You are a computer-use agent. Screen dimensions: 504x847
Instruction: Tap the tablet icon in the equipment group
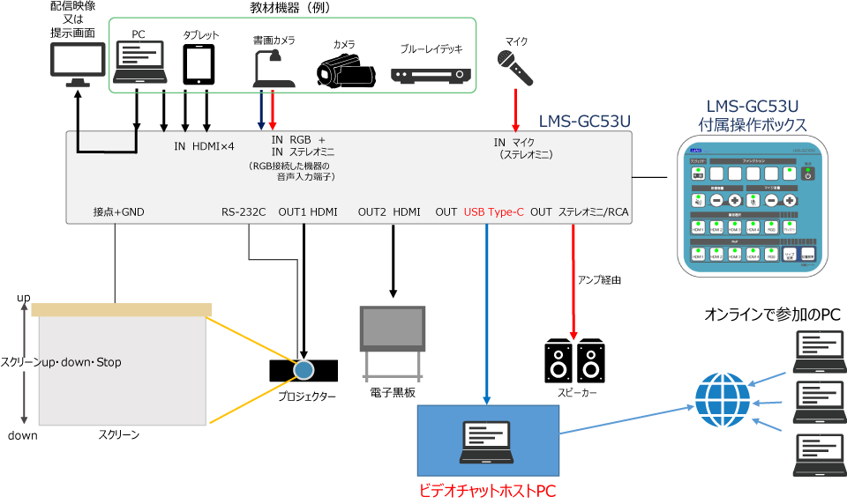[x=199, y=63]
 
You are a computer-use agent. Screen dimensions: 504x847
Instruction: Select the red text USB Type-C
[x=494, y=212]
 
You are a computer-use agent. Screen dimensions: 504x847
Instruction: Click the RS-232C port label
[x=244, y=212]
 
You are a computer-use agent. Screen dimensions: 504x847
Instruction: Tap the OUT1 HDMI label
[x=308, y=212]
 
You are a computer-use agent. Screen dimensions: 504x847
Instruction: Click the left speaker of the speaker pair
[x=559, y=360]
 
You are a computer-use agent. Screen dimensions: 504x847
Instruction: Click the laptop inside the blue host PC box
[x=487, y=441]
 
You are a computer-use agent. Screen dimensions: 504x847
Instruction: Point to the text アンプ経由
[x=600, y=279]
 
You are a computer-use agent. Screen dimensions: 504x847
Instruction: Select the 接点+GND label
[x=118, y=212]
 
